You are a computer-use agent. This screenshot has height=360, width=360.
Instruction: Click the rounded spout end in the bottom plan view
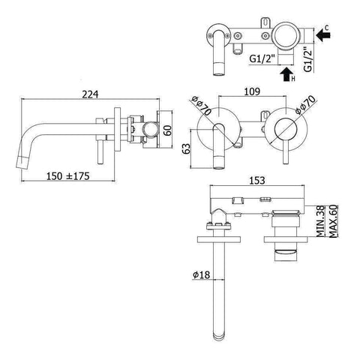(219, 330)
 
